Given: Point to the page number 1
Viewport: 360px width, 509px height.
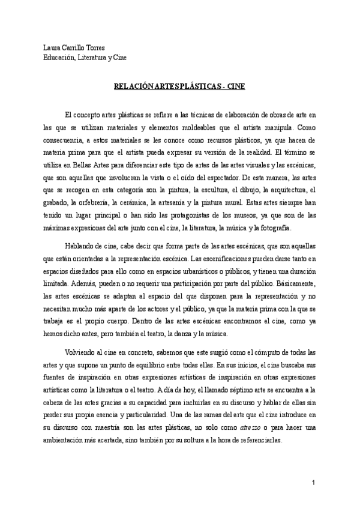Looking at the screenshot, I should pyautogui.click(x=313, y=483).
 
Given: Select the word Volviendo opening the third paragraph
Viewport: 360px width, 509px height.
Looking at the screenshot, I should pyautogui.click(x=83, y=352).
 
